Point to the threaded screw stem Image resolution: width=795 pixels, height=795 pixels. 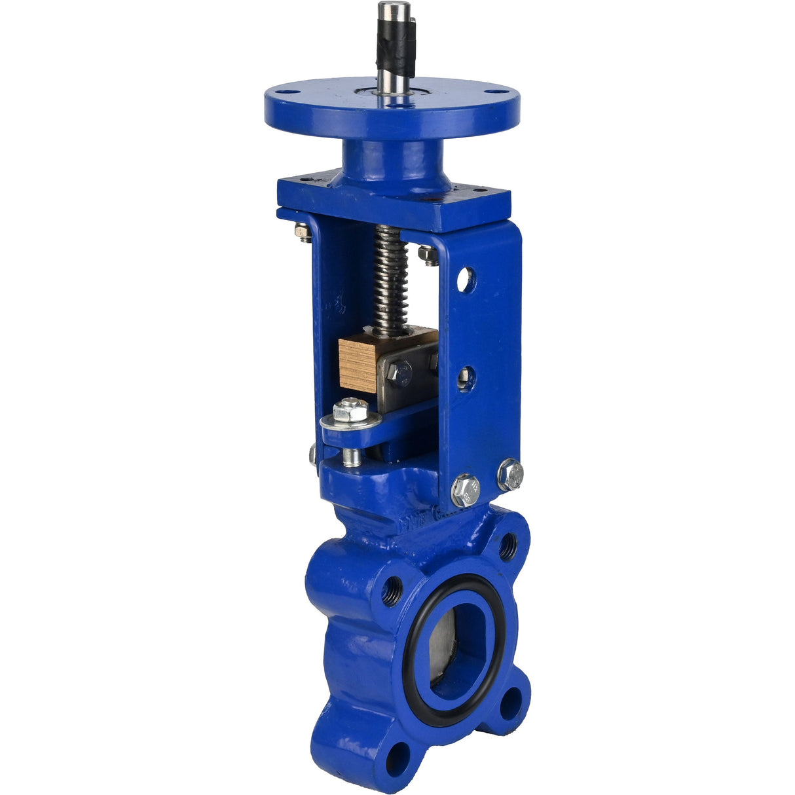click(x=390, y=275)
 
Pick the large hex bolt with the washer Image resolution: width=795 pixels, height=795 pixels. click(x=352, y=412)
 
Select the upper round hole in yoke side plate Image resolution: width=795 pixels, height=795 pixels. click(x=466, y=280)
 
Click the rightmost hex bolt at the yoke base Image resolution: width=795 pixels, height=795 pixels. click(x=510, y=474)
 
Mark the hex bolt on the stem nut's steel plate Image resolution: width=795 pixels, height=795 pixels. click(x=399, y=374)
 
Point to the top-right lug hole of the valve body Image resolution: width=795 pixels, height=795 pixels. click(x=508, y=545)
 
